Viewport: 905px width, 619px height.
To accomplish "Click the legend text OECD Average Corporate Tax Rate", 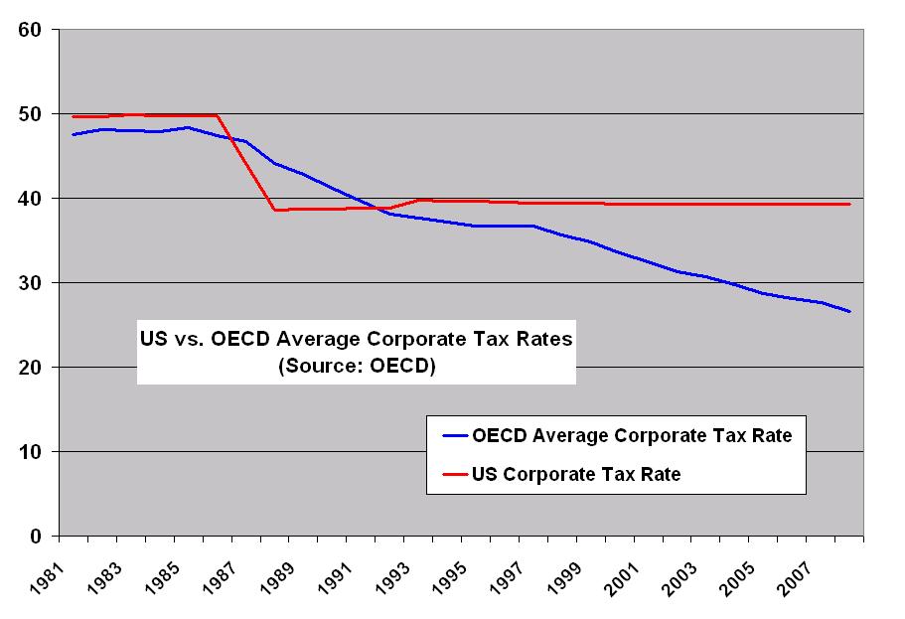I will point(632,436).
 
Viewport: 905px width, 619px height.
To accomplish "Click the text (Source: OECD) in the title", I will point(357,364).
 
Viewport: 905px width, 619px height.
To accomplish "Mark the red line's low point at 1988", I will point(275,210).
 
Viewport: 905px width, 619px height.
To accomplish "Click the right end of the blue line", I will point(850,311).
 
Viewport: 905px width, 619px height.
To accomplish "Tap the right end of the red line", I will point(850,204).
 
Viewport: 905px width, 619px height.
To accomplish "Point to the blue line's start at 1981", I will point(74,134).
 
